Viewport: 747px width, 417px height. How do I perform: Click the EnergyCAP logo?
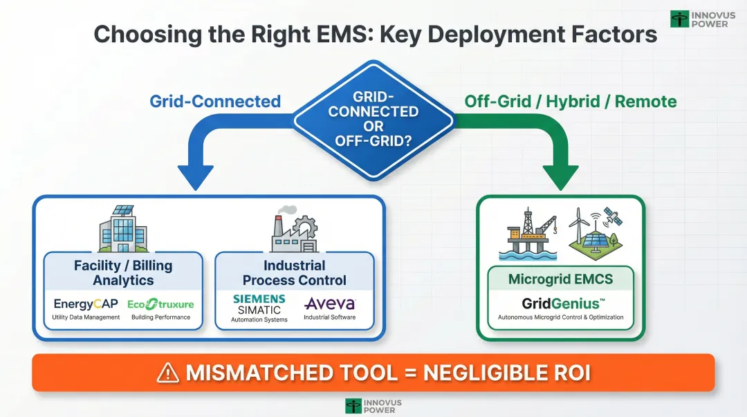86,304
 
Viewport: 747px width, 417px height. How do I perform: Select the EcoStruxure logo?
160,304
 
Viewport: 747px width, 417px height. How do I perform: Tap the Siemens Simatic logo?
259,304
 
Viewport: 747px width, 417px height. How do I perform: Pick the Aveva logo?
329,304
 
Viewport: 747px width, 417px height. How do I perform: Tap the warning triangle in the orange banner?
168,373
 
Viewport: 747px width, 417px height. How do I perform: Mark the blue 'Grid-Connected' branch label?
215,102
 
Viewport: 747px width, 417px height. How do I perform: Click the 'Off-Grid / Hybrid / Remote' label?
571,102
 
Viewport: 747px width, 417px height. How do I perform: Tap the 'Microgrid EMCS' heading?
560,280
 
